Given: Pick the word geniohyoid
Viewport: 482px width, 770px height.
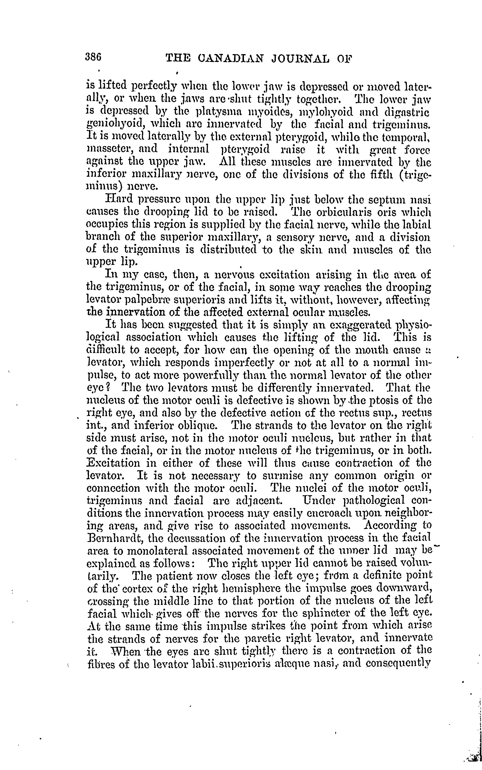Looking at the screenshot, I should point(112,125).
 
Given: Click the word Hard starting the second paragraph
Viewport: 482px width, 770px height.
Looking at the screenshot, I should point(118,199).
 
